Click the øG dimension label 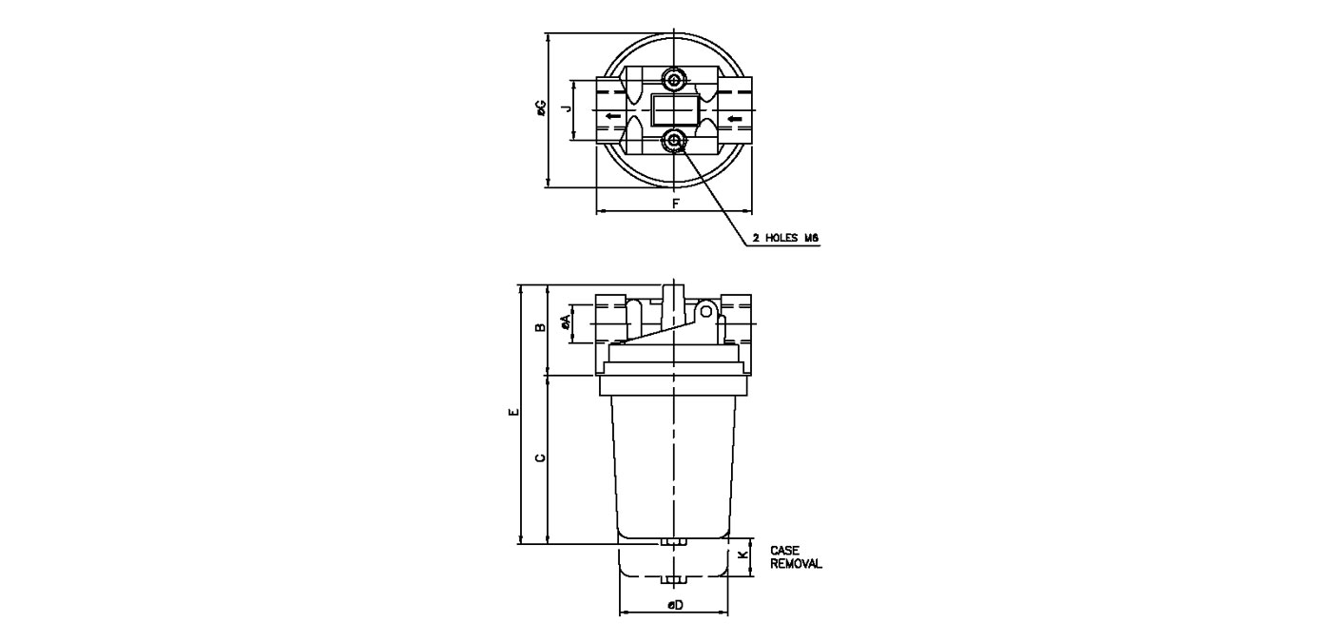pyautogui.click(x=541, y=108)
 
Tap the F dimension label pyautogui.click(x=676, y=204)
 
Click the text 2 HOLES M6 pyautogui.click(x=785, y=239)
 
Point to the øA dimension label pyautogui.click(x=566, y=322)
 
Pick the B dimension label pyautogui.click(x=540, y=327)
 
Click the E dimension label pyautogui.click(x=514, y=412)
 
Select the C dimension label pyautogui.click(x=540, y=457)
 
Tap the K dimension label pyautogui.click(x=743, y=555)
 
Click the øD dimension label pyautogui.click(x=675, y=605)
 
